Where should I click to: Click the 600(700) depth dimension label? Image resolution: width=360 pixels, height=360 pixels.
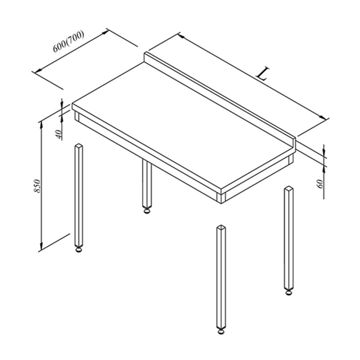69,41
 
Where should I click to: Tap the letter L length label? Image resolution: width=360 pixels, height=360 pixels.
263,73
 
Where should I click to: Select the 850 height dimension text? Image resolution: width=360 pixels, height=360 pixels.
37,186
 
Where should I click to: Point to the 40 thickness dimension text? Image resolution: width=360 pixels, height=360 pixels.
59,134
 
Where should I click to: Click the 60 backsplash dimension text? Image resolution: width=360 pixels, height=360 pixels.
320,184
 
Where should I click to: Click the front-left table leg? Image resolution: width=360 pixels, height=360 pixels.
79,198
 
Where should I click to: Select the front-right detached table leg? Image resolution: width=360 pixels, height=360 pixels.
221,279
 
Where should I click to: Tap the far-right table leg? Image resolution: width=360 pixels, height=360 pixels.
289,240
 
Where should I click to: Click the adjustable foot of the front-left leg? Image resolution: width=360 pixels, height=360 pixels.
79,250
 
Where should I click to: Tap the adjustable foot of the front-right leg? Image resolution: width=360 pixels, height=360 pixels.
221,331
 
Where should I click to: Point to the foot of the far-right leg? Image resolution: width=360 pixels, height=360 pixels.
289,292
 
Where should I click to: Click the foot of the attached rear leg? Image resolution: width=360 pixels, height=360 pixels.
147,211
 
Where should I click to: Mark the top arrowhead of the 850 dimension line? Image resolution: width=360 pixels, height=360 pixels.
41,124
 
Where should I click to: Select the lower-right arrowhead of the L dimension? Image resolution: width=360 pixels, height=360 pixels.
324,117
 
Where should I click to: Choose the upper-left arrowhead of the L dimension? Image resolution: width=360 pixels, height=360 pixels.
181,36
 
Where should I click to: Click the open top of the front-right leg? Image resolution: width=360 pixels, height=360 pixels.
221,228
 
